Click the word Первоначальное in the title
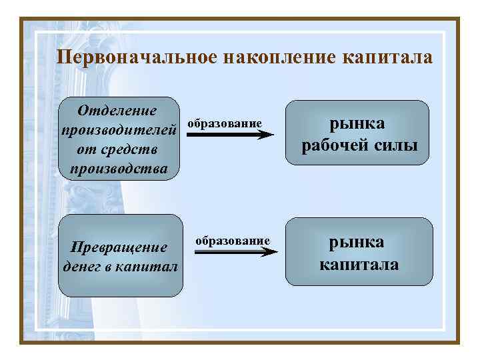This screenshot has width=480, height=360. coord(137,57)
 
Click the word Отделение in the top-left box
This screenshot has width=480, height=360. coord(117,110)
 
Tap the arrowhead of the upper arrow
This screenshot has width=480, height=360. coord(267,135)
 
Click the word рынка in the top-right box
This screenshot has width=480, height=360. coord(359,124)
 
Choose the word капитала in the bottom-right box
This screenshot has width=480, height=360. coord(359,264)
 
